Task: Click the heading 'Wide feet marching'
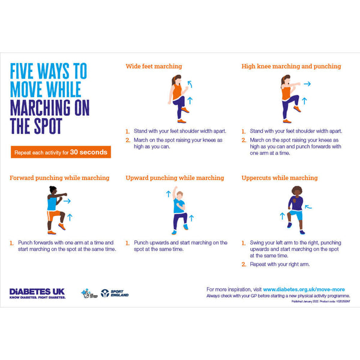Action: click(x=154, y=67)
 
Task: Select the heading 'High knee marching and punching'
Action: click(x=291, y=67)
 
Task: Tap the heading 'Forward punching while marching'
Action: click(x=59, y=178)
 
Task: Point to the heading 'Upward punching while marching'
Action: click(x=175, y=178)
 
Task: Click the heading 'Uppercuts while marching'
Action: click(x=280, y=178)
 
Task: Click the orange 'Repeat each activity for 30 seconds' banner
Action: click(x=60, y=152)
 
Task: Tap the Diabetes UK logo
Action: click(x=37, y=293)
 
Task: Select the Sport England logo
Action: click(x=115, y=293)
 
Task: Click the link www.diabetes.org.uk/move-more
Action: click(x=307, y=289)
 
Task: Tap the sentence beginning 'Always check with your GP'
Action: click(x=278, y=296)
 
